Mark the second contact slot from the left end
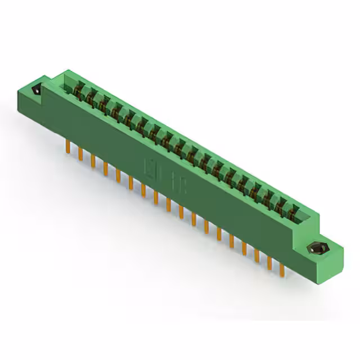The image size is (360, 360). (x=90, y=96)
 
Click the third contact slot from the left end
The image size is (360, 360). (x=103, y=104)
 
